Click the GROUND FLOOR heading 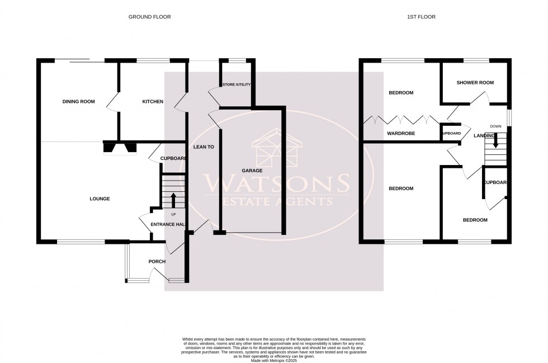click(149, 17)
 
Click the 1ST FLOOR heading click(421, 17)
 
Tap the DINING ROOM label click(78, 102)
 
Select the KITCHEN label click(153, 102)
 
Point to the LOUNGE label click(100, 199)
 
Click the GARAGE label click(252, 170)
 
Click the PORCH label click(157, 262)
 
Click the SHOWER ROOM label click(475, 83)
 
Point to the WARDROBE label click(400, 134)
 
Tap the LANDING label click(484, 135)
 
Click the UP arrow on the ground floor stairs click(173, 200)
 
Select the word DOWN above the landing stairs click(495, 126)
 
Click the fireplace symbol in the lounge click(119, 148)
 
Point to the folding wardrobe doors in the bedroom click(400, 120)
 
